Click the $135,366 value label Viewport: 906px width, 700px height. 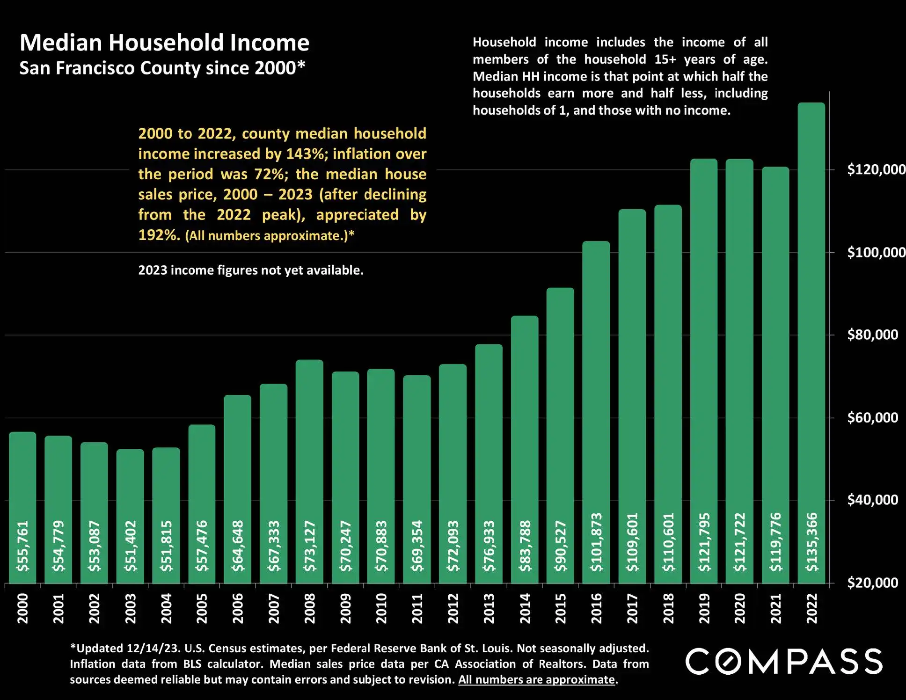coord(812,542)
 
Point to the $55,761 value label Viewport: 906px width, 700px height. coord(22,546)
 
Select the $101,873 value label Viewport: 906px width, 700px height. coord(596,542)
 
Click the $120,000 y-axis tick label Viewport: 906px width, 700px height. coord(876,169)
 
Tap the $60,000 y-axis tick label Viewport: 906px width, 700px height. coord(872,417)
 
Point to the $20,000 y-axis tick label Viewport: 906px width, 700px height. coord(872,583)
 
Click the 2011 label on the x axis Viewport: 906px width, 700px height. coord(417,608)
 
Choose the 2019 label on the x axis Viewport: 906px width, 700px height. coord(704,608)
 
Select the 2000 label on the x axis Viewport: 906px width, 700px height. coord(22,608)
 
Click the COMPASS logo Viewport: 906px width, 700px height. coord(784,661)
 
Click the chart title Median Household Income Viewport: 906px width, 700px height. coord(164,43)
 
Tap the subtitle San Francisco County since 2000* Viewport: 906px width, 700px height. coord(162,68)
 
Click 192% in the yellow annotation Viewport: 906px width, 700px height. coord(159,235)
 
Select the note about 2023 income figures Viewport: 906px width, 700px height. coord(250,270)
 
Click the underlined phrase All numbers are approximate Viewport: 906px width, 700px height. coord(536,679)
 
